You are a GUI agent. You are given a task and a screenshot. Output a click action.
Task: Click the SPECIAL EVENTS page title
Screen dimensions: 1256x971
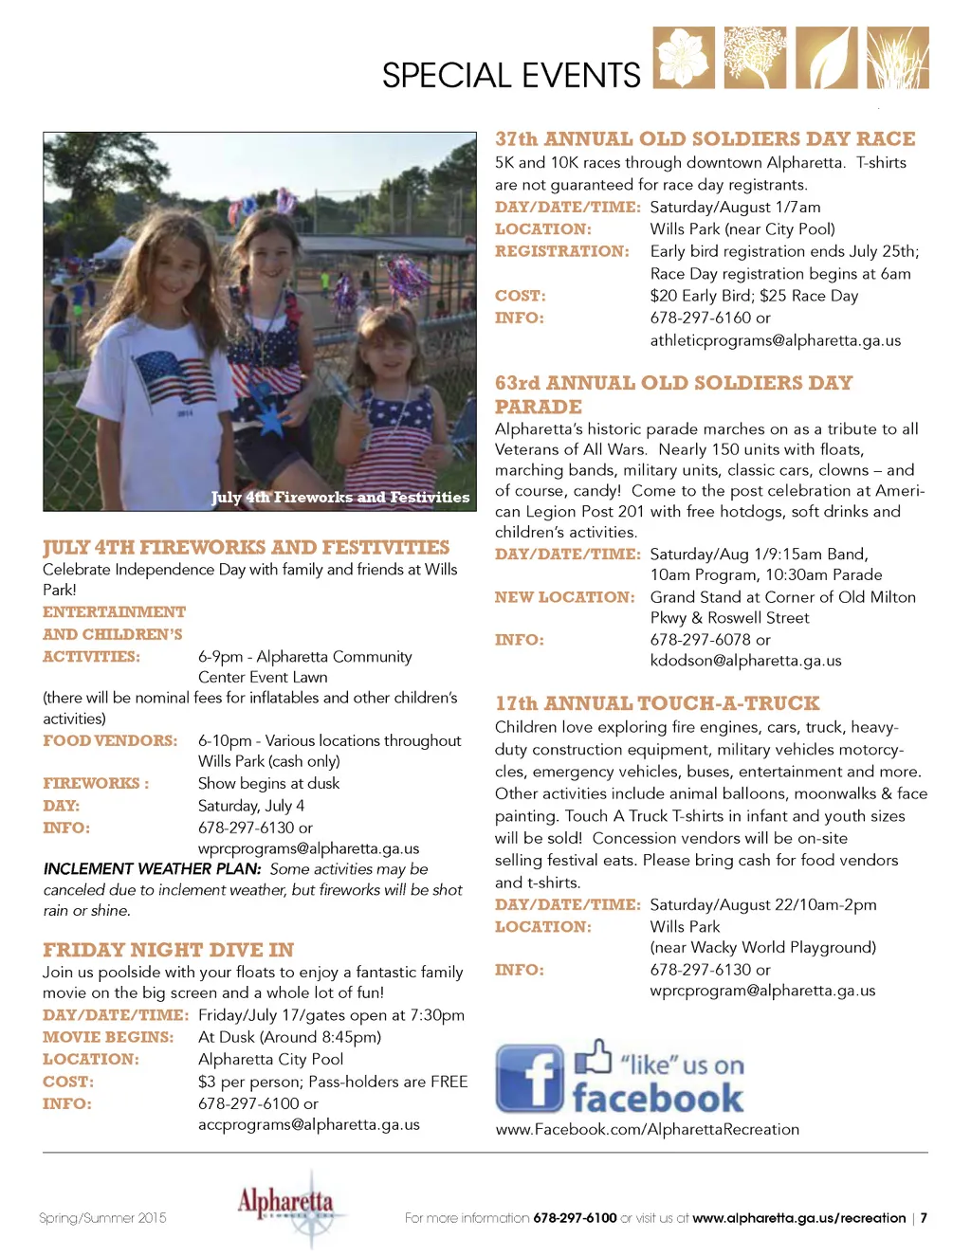click(511, 76)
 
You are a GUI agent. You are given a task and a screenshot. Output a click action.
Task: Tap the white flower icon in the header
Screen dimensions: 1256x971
click(684, 58)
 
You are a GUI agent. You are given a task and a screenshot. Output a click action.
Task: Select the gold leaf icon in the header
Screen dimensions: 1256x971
click(826, 58)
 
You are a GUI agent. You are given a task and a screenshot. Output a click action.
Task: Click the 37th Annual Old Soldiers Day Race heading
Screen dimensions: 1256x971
click(705, 139)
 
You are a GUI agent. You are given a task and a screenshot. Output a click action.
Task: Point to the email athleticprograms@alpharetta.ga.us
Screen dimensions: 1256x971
click(775, 340)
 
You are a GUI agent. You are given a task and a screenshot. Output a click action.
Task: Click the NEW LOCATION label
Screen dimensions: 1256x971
click(564, 597)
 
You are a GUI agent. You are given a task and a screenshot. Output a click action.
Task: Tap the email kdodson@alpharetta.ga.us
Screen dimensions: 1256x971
click(745, 661)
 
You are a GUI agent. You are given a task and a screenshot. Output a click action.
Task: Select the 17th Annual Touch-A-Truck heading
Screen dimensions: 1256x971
click(657, 703)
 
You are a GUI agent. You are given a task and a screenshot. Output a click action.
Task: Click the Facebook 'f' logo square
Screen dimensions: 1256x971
click(529, 1079)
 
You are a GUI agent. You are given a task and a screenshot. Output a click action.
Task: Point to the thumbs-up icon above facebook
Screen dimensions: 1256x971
click(594, 1057)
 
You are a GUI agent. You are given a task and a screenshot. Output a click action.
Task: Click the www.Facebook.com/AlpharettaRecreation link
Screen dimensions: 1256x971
click(647, 1130)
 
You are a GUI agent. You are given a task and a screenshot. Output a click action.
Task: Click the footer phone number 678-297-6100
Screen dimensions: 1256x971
click(575, 1218)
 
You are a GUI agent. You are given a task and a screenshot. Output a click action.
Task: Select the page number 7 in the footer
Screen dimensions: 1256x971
click(924, 1218)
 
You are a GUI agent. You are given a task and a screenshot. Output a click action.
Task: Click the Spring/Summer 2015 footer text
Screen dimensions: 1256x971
click(102, 1218)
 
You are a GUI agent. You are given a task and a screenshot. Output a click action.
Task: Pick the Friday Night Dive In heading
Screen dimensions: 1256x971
click(168, 950)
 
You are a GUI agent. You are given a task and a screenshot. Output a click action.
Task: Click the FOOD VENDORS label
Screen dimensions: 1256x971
click(110, 740)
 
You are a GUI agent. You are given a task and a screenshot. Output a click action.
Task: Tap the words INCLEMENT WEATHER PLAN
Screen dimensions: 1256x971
click(152, 869)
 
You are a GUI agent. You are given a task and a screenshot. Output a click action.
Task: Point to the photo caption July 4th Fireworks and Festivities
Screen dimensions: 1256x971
click(339, 498)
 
